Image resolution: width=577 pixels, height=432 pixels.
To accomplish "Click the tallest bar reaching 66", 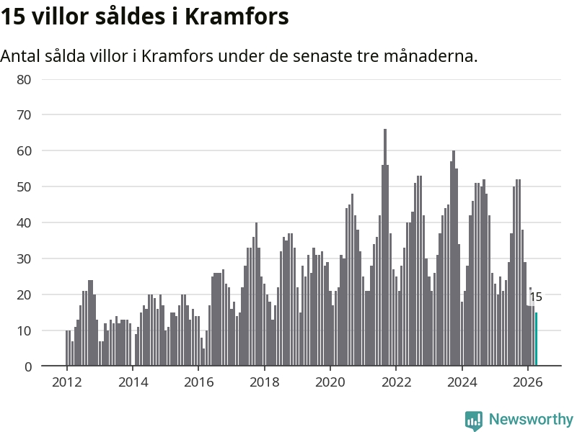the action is coord(385,247).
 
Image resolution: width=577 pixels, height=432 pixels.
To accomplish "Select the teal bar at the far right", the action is coord(536,339).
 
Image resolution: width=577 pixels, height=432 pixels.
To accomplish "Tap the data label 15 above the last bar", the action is coord(536,297).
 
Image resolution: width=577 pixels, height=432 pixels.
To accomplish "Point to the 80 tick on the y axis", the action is coord(24,80).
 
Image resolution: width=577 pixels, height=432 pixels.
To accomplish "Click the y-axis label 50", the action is coord(24,187).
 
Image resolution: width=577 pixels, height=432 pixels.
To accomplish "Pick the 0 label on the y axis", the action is coord(28,366).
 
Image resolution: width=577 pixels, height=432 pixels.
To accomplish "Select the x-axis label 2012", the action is coord(66,382).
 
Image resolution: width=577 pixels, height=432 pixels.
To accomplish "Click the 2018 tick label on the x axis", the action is coord(264,382).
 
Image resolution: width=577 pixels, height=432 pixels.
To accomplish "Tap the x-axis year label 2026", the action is coord(528,382).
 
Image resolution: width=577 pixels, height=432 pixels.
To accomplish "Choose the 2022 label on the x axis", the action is coord(396,382).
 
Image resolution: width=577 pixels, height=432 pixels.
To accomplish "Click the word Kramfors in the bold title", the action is coord(237,16).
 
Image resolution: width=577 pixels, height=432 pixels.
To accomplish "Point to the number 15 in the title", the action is coord(12,17).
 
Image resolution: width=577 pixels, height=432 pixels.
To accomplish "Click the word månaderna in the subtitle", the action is coord(431,56).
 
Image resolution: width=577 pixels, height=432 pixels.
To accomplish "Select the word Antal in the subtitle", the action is coord(20,56).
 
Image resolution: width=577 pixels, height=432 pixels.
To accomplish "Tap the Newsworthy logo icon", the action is coord(474,420).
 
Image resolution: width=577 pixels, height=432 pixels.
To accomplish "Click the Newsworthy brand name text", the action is coord(531,419).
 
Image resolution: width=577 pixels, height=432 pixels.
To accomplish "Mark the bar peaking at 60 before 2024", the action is coord(454,258).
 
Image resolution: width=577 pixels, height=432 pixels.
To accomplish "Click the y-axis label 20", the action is coord(24,294).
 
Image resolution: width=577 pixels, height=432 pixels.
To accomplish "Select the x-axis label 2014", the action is coord(133,382).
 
